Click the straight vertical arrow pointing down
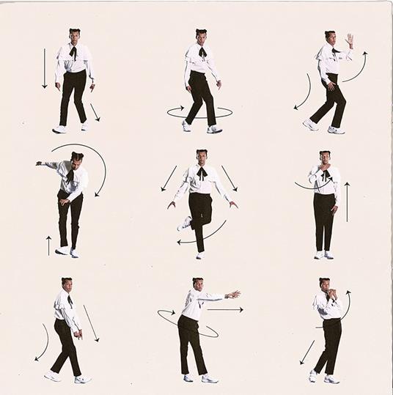pos(44,68)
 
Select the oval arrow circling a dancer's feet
pos(199,112)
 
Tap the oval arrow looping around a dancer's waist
pos(188,323)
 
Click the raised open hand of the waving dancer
pos(350,40)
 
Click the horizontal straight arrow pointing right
pos(225,309)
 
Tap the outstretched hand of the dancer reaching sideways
pos(233,295)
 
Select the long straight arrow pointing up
pos(347,202)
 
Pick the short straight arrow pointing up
pos(48,245)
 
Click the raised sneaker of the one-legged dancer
pos(185,223)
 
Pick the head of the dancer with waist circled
pos(197,284)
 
